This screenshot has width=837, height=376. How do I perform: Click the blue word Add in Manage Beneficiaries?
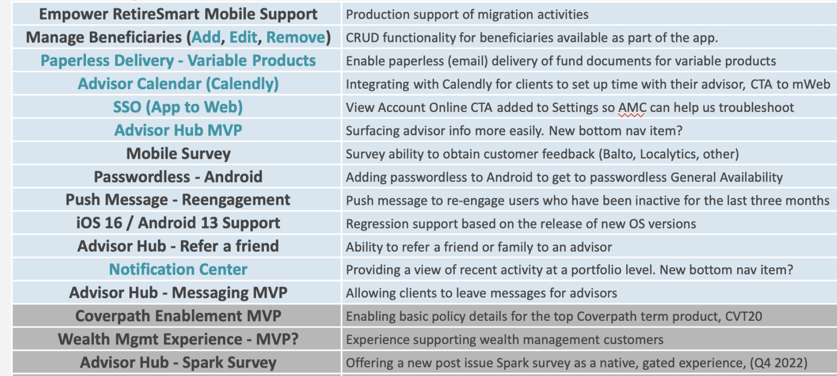coord(206,37)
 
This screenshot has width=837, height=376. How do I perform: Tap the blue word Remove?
coord(296,37)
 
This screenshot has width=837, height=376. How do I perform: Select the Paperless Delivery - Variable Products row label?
coord(178,61)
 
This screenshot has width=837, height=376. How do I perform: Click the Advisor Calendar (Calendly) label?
coord(178,84)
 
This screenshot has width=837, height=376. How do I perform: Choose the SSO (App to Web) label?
coord(178,107)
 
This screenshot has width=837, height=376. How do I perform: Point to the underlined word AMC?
coord(632,108)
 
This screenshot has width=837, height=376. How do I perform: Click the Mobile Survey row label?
coord(179,154)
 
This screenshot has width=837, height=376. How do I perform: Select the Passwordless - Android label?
coord(178,177)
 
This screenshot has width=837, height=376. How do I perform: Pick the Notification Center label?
coord(178,270)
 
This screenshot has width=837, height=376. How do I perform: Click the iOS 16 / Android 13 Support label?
coord(178,223)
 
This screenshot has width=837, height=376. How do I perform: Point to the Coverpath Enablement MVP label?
coord(178,316)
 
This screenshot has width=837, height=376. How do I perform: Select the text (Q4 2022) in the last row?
coord(779,363)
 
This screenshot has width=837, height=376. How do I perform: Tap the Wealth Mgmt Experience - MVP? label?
coord(178,339)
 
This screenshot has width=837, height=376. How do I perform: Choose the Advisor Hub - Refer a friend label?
coord(178,246)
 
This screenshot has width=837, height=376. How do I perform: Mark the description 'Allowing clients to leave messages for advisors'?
coord(481,293)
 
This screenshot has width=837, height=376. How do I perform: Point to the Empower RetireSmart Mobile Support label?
coord(178,14)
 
